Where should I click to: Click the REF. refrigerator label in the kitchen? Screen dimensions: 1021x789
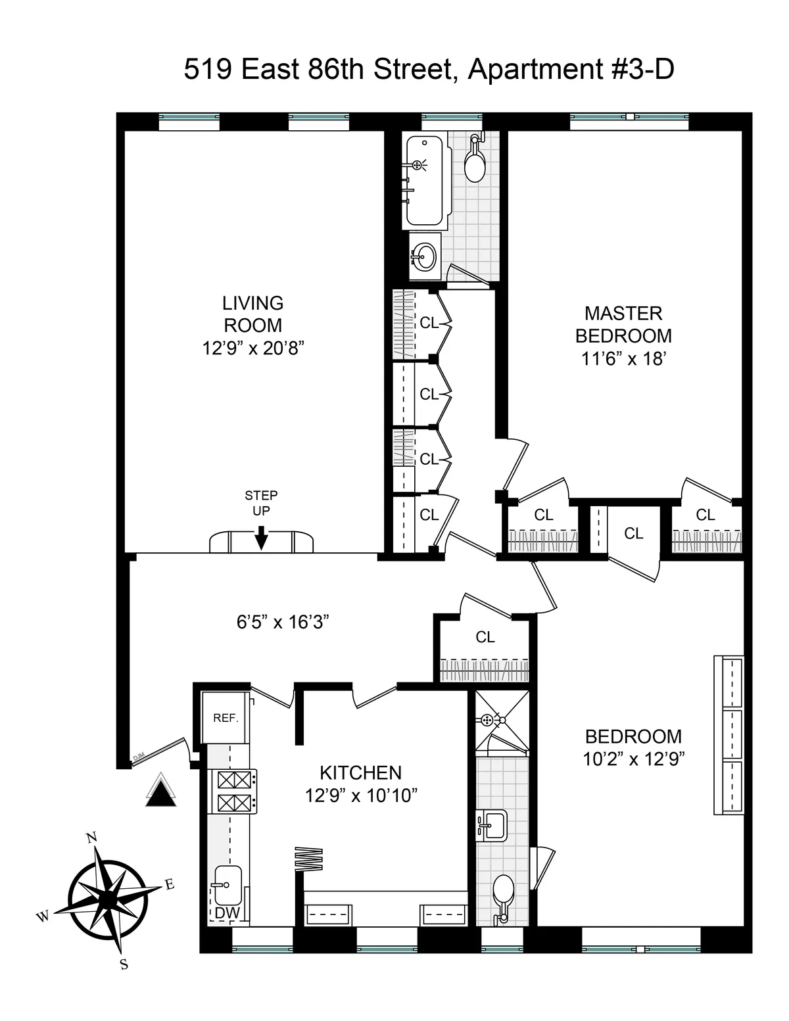(225, 719)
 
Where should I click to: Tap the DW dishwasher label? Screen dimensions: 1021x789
(227, 913)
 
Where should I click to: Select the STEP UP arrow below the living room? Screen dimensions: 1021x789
(261, 537)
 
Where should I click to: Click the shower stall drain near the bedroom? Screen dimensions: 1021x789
(487, 720)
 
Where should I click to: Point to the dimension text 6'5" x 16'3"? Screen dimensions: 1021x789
(283, 621)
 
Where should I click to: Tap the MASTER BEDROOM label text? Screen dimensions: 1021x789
(623, 324)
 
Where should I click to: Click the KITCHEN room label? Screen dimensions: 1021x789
(360, 772)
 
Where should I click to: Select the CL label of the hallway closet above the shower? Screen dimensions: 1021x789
(485, 636)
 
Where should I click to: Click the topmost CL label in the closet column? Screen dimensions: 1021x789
(429, 323)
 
